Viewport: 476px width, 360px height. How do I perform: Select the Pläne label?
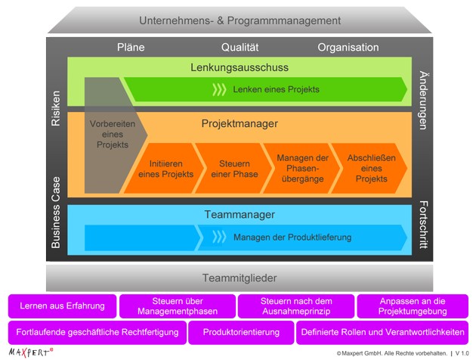click(131, 47)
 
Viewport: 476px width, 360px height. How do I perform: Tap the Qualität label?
click(240, 47)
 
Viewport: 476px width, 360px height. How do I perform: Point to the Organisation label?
click(348, 47)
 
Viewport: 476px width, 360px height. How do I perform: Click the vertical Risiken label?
click(55, 109)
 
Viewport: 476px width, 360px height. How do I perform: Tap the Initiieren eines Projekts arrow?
click(165, 169)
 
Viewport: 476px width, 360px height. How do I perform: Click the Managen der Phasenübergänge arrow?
click(301, 169)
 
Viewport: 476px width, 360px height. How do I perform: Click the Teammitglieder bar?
click(240, 278)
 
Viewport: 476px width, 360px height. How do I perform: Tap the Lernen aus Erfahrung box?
click(63, 306)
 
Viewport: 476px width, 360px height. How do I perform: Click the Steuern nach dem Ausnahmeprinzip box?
click(296, 306)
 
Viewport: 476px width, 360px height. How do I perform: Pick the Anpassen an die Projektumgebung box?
click(412, 306)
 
